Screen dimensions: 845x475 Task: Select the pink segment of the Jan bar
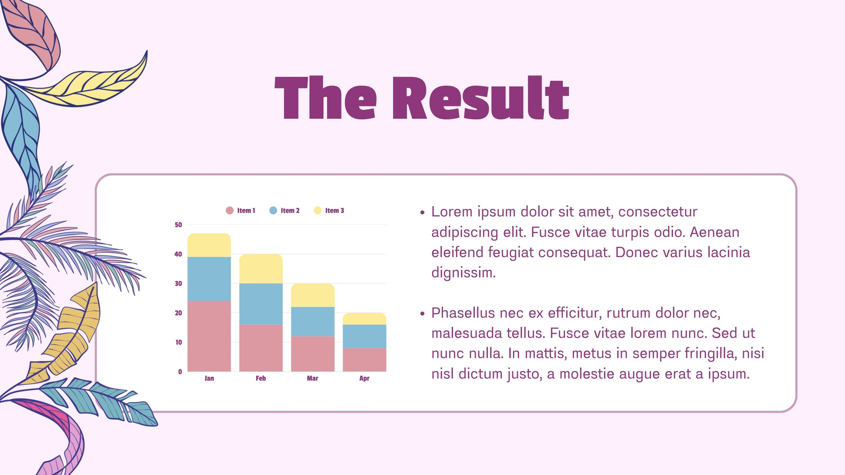pyautogui.click(x=209, y=336)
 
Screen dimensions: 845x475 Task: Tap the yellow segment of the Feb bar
pyautogui.click(x=261, y=269)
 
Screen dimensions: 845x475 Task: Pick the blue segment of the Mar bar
pyautogui.click(x=312, y=321)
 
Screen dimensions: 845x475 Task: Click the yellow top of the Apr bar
pyautogui.click(x=364, y=319)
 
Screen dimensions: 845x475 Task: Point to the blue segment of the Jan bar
pyautogui.click(x=209, y=279)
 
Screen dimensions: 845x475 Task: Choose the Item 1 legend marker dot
pyautogui.click(x=229, y=211)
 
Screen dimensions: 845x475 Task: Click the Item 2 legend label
pyautogui.click(x=290, y=211)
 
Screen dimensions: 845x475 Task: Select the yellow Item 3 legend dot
pyautogui.click(x=317, y=211)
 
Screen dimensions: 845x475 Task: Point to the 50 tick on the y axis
pyautogui.click(x=179, y=225)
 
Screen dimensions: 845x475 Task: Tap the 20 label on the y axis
pyautogui.click(x=179, y=313)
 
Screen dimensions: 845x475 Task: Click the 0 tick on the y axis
pyautogui.click(x=180, y=372)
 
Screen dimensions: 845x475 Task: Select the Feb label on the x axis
pyautogui.click(x=261, y=378)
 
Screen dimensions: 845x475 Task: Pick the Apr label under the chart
pyautogui.click(x=364, y=378)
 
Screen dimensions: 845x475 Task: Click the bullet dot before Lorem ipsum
pyautogui.click(x=422, y=213)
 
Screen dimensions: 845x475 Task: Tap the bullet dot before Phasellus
pyautogui.click(x=422, y=313)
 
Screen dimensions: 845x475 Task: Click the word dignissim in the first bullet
pyautogui.click(x=463, y=272)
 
